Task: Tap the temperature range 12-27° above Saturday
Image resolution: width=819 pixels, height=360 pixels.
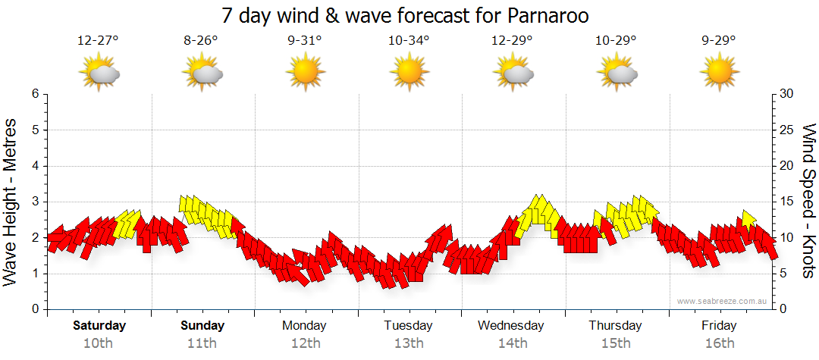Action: pyautogui.click(x=98, y=41)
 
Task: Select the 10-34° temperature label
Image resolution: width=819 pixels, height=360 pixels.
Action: pyautogui.click(x=409, y=41)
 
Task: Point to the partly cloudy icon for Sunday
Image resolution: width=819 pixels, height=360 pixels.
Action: pyautogui.click(x=202, y=73)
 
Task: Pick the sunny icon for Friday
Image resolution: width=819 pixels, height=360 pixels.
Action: pyautogui.click(x=719, y=73)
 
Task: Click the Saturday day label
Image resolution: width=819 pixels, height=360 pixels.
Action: pyautogui.click(x=99, y=326)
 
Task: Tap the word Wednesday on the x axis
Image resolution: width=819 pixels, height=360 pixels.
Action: pyautogui.click(x=511, y=326)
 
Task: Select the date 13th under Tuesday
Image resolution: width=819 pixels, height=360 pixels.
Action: pyautogui.click(x=408, y=343)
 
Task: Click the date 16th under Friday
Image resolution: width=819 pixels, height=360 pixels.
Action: pyautogui.click(x=719, y=343)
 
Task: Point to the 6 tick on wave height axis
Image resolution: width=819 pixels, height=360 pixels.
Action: pyautogui.click(x=35, y=94)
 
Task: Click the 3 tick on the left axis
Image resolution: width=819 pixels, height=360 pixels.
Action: pyautogui.click(x=35, y=202)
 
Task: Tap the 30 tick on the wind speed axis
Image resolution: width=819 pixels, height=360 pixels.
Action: pyautogui.click(x=786, y=94)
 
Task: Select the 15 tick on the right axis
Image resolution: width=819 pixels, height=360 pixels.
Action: pyautogui.click(x=786, y=202)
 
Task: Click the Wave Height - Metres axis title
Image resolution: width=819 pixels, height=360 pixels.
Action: pyautogui.click(x=11, y=202)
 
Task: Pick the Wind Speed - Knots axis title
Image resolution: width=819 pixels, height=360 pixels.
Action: pyautogui.click(x=808, y=202)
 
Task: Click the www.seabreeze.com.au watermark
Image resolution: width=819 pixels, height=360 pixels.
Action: pyautogui.click(x=723, y=302)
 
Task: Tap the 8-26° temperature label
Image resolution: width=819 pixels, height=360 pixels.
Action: pyautogui.click(x=201, y=41)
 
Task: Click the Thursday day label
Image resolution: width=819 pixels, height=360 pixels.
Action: pyautogui.click(x=615, y=326)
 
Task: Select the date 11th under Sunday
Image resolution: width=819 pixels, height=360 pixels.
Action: pyautogui.click(x=202, y=343)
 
